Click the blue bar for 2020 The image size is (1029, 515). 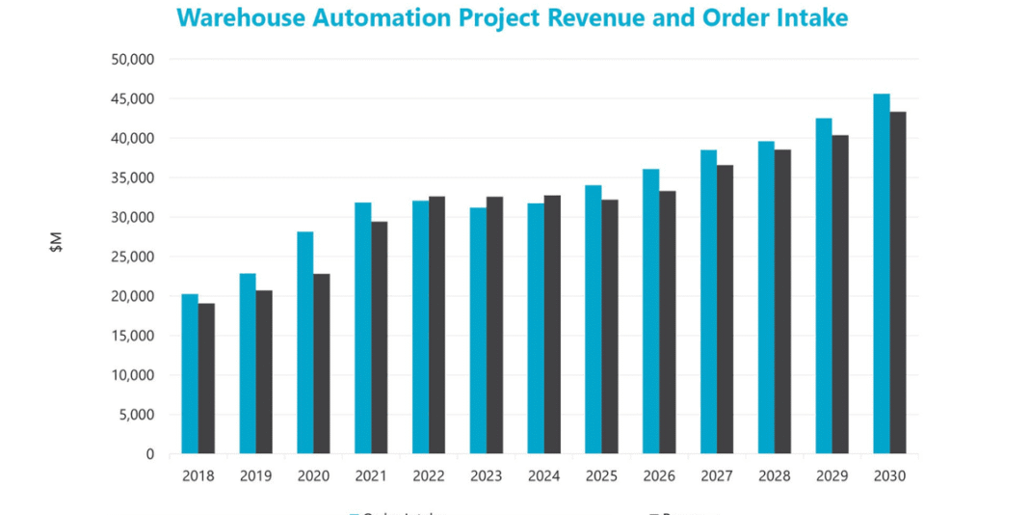point(305,342)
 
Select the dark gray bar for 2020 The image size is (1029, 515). point(322,364)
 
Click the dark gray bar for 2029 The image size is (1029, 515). point(840,294)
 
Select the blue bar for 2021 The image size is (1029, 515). point(363,328)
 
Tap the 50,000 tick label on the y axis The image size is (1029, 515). point(134,59)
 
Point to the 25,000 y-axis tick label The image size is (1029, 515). point(134,257)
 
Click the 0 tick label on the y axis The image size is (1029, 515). point(149,454)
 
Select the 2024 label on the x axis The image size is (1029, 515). point(543,476)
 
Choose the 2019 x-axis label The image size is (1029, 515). point(255,476)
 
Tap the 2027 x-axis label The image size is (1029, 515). point(717,476)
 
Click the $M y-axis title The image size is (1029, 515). point(56,243)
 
